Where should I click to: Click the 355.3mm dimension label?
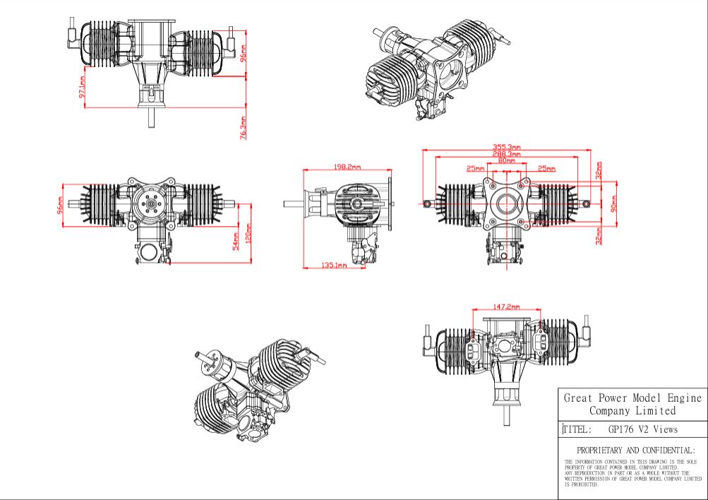(x=507, y=147)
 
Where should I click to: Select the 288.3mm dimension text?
(x=507, y=154)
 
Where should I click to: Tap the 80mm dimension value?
(x=507, y=160)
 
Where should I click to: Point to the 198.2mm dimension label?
(x=347, y=167)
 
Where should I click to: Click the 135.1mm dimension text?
(x=334, y=265)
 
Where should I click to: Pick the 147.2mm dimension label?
(x=506, y=306)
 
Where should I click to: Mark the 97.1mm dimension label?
(x=82, y=87)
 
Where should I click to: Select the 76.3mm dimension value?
(x=244, y=129)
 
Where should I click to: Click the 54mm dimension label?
(x=236, y=242)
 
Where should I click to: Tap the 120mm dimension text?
(x=248, y=234)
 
